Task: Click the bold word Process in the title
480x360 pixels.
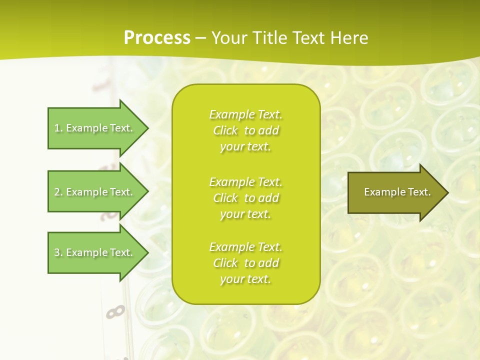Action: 157,38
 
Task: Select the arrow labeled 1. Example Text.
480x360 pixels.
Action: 95,128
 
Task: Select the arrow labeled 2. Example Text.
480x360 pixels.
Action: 95,192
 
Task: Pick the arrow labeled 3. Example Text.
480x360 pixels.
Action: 95,252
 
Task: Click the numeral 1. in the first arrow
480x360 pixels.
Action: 58,128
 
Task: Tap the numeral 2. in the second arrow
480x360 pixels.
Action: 58,192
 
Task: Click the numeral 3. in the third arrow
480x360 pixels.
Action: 58,252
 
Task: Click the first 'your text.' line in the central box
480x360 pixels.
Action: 245,147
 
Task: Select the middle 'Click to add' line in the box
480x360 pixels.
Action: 245,198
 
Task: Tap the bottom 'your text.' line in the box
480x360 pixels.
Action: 245,279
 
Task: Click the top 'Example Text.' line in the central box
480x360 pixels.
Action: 245,114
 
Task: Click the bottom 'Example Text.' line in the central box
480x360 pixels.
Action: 245,247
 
